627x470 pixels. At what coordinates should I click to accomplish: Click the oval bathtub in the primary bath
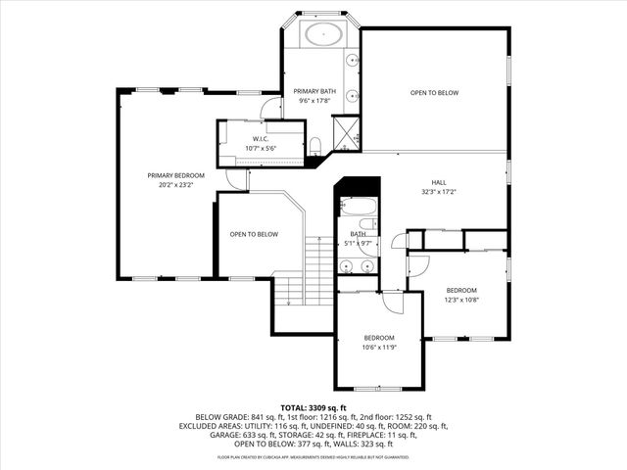pos(321,34)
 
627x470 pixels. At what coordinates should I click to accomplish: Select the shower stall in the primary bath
pos(345,132)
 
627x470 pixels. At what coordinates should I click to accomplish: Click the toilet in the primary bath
pos(315,146)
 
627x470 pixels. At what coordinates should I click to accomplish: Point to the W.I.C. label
pos(261,139)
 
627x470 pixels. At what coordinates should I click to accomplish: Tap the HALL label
pos(439,183)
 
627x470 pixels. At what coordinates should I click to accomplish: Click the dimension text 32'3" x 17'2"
pos(439,192)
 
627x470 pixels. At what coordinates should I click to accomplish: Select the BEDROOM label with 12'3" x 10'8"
pos(461,291)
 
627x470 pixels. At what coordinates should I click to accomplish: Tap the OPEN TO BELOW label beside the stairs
pos(254,235)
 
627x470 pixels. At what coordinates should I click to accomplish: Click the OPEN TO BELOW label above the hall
pos(434,93)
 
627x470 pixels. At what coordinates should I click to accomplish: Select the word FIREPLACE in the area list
pos(347,436)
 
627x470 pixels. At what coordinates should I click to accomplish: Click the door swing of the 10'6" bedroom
pos(392,303)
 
